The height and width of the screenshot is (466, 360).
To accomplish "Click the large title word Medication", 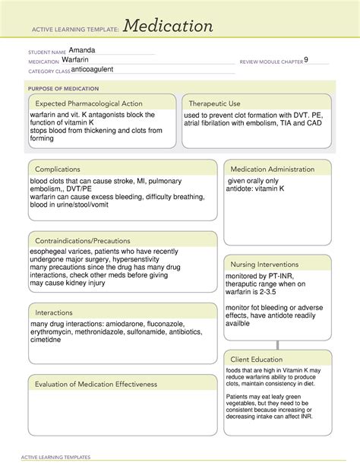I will point(169,27).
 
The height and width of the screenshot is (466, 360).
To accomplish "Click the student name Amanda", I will point(82,50).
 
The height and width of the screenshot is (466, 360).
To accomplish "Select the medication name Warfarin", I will point(81,60).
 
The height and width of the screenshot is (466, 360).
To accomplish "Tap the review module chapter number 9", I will point(305,59).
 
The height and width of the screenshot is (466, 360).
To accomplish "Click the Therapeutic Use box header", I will point(214,103).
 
